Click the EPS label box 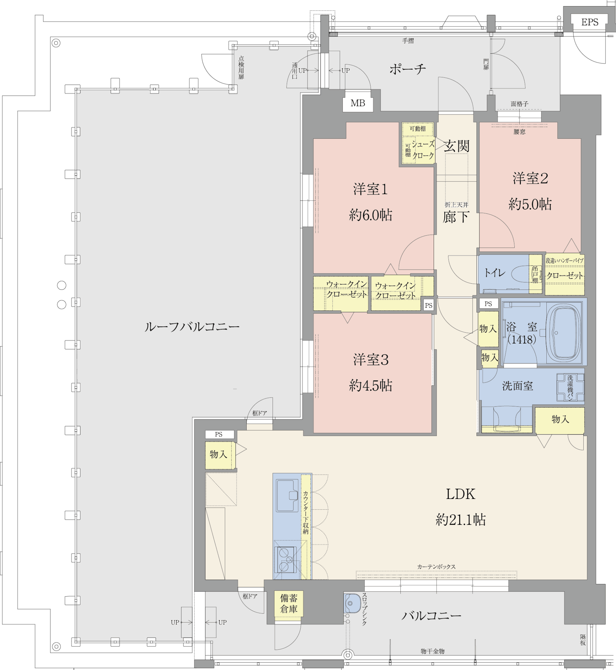pyautogui.click(x=589, y=22)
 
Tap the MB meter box pyautogui.click(x=358, y=103)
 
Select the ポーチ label pyautogui.click(x=408, y=69)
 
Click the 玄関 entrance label pyautogui.click(x=456, y=146)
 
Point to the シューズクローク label pyautogui.click(x=423, y=150)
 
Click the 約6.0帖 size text pyautogui.click(x=370, y=215)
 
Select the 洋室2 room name pyautogui.click(x=530, y=178)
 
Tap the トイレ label pyautogui.click(x=494, y=273)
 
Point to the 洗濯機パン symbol pyautogui.click(x=570, y=387)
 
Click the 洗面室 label pyautogui.click(x=517, y=386)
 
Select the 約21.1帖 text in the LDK pyautogui.click(x=460, y=520)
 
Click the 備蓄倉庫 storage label pyautogui.click(x=289, y=603)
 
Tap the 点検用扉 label pyautogui.click(x=241, y=67)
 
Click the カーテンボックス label pyautogui.click(x=436, y=567)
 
